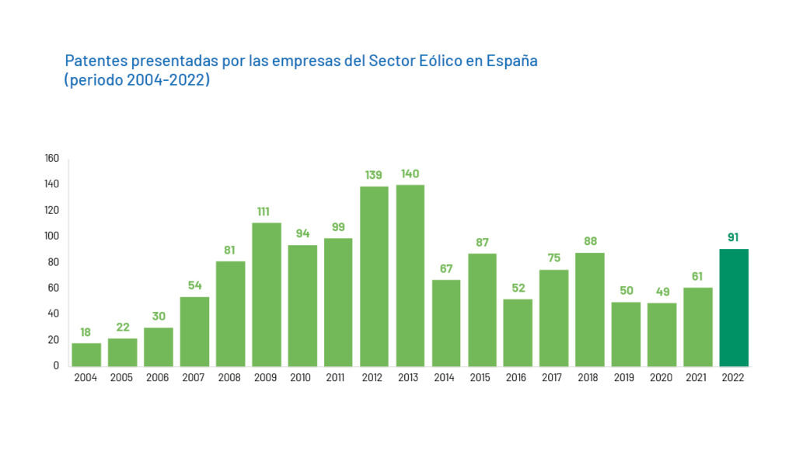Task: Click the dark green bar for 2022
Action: click(734, 307)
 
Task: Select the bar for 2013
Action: click(410, 275)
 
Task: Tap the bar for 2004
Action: click(86, 354)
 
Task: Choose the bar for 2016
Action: click(518, 332)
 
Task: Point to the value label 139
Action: click(374, 175)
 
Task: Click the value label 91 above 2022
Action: click(733, 237)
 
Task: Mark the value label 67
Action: click(445, 268)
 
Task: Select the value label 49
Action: click(661, 291)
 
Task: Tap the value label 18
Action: click(86, 331)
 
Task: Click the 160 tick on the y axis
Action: click(52, 159)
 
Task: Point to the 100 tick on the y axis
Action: click(52, 236)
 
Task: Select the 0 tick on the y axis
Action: click(56, 366)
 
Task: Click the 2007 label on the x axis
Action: click(194, 378)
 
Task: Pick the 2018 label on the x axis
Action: click(589, 378)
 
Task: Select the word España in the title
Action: click(511, 61)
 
